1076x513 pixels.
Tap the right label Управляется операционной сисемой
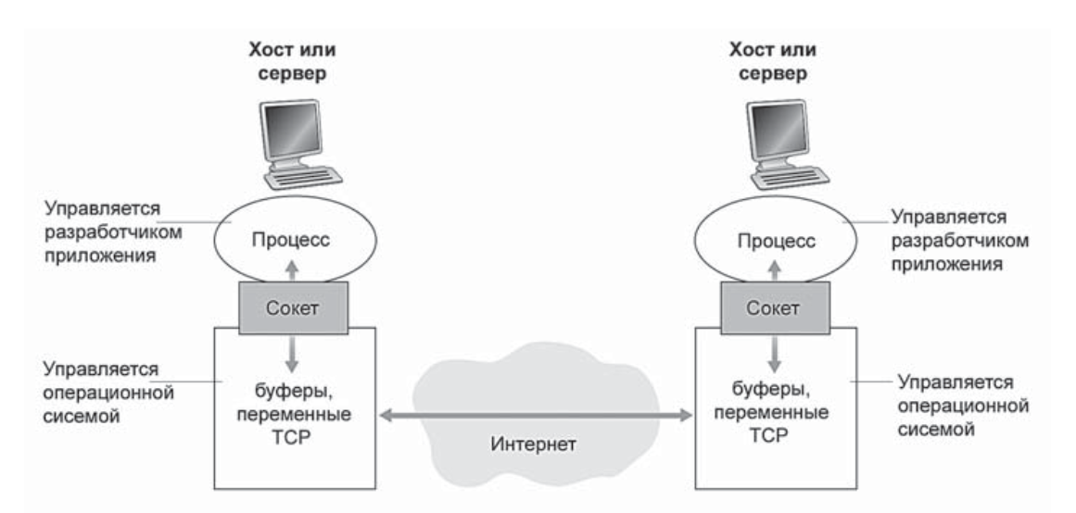pos(955,402)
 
